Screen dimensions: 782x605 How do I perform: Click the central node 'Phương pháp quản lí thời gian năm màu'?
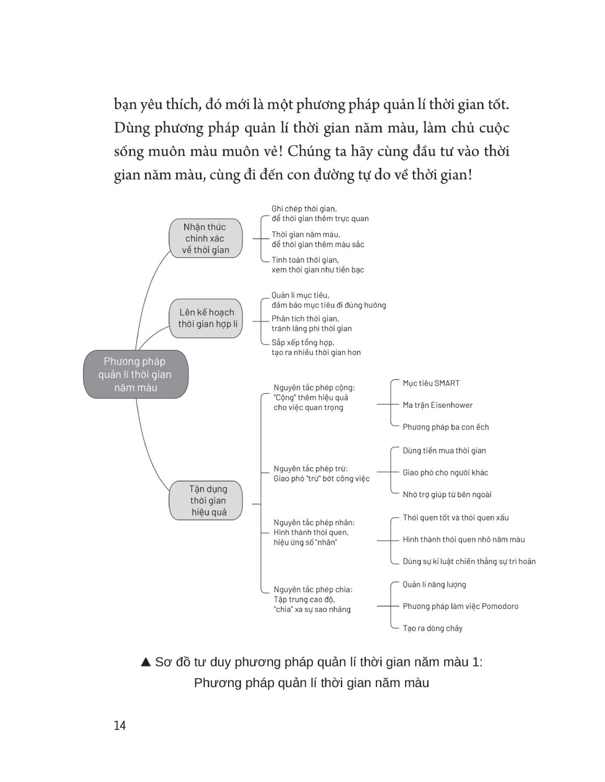click(x=135, y=374)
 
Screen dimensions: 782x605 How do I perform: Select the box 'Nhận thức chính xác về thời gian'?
click(x=205, y=238)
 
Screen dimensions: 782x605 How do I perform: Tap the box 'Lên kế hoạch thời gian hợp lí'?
click(x=207, y=318)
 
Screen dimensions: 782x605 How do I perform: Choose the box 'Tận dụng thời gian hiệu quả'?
click(x=208, y=500)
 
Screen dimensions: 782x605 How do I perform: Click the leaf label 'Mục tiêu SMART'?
click(x=431, y=383)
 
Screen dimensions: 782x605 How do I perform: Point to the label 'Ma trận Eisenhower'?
click(x=437, y=405)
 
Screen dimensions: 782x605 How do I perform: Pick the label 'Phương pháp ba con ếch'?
click(x=445, y=427)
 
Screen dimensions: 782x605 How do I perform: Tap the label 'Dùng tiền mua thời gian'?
click(x=444, y=450)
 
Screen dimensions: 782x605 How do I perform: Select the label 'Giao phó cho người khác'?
click(x=445, y=472)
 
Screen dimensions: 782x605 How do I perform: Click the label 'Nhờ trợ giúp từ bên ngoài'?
click(x=447, y=494)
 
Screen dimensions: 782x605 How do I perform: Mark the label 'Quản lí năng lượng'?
click(x=434, y=584)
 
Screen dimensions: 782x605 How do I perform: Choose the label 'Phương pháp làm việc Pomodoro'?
click(x=460, y=606)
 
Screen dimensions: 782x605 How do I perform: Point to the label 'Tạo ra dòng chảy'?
click(x=432, y=628)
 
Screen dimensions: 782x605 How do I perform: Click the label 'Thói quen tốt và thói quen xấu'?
click(x=455, y=518)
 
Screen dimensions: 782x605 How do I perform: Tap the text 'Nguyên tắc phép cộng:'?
click(x=314, y=387)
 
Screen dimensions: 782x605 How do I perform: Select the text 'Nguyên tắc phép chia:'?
click(x=313, y=590)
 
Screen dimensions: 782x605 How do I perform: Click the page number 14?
click(x=120, y=725)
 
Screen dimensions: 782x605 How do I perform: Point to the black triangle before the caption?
click(x=146, y=662)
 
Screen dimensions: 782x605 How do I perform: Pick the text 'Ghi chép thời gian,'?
click(x=304, y=209)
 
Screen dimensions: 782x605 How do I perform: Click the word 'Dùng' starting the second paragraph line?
click(x=132, y=128)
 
